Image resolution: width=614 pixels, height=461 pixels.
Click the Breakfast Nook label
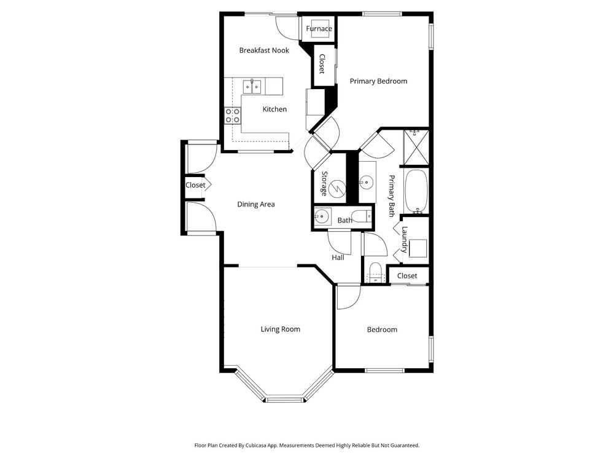[264, 50]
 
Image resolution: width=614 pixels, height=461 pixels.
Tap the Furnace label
[319, 28]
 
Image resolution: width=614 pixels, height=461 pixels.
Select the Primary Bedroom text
[378, 81]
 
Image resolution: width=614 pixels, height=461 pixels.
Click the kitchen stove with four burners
[232, 116]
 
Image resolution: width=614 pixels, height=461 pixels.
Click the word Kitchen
[274, 109]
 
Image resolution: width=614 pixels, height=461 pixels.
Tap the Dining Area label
[255, 204]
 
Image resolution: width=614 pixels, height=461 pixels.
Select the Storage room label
[324, 183]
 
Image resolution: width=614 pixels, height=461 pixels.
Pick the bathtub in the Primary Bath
[416, 191]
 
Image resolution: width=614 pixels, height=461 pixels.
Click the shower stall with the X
[416, 148]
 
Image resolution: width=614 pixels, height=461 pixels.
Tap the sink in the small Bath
[322, 216]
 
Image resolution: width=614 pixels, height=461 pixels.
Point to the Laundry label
[405, 239]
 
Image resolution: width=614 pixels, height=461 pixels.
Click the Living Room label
[281, 329]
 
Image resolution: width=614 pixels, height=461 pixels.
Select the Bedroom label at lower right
[382, 329]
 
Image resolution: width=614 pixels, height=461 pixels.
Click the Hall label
[338, 258]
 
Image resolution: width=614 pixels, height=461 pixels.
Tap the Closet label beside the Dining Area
[195, 185]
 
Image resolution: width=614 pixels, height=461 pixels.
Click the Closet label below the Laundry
[407, 275]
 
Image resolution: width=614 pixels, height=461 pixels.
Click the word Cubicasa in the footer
[256, 445]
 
